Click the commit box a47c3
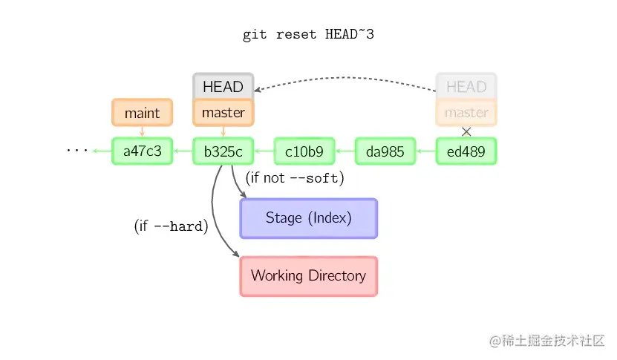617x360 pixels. click(x=142, y=151)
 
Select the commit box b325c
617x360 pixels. click(x=223, y=151)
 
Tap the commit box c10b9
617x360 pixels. click(x=304, y=151)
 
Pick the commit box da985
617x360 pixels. click(x=385, y=151)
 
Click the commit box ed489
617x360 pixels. click(x=466, y=151)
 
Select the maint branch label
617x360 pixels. click(x=142, y=113)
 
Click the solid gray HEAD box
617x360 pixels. click(x=223, y=86)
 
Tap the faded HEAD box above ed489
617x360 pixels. click(x=466, y=86)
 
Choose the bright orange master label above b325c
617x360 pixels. click(x=223, y=113)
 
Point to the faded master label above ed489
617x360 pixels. click(x=466, y=113)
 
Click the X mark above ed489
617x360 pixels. click(x=466, y=132)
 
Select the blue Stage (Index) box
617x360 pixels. click(x=309, y=218)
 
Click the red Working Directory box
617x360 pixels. click(x=309, y=276)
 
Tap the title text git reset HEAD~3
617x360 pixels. click(x=308, y=35)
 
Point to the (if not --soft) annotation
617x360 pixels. click(x=295, y=178)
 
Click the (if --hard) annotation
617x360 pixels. click(x=172, y=226)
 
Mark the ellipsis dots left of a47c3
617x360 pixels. click(x=77, y=150)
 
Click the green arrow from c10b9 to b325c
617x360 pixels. click(x=264, y=151)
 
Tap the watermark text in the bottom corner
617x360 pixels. click(x=547, y=340)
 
